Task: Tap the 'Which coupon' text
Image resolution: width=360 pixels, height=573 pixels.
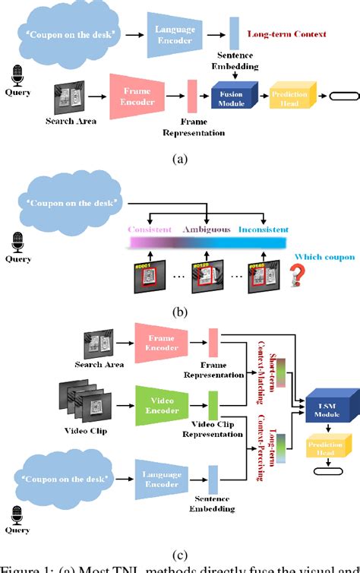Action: click(325, 257)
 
